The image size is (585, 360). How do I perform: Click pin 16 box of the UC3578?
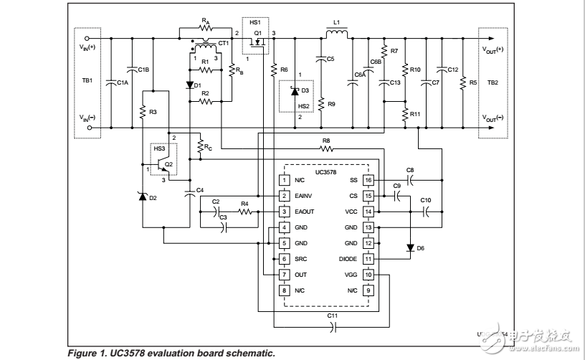pyautogui.click(x=368, y=180)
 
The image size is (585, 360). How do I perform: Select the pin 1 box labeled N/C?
pyautogui.click(x=284, y=180)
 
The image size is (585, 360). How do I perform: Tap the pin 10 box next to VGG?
pyautogui.click(x=368, y=275)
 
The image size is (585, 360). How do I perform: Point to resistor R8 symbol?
pyautogui.click(x=326, y=149)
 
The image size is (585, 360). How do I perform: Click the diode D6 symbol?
pyautogui.click(x=409, y=247)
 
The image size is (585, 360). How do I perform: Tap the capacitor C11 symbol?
pyautogui.click(x=332, y=326)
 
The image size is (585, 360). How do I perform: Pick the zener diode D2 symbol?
pyautogui.click(x=143, y=196)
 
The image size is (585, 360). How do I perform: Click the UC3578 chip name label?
pyautogui.click(x=326, y=171)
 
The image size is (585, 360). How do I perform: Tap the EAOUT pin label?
pyautogui.click(x=303, y=212)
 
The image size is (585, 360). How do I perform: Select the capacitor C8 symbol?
pyautogui.click(x=410, y=180)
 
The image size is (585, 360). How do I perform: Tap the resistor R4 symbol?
pyautogui.click(x=244, y=212)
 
